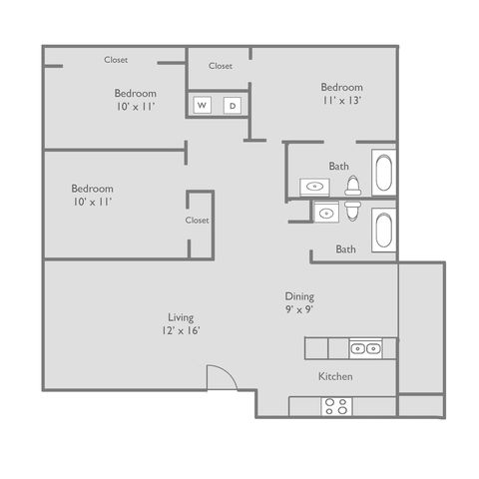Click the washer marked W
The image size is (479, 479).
(202, 105)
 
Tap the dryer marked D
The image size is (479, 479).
(233, 106)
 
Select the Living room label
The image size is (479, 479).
(181, 317)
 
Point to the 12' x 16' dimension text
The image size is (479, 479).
(181, 330)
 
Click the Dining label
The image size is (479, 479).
(299, 296)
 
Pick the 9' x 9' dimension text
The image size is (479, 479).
(299, 309)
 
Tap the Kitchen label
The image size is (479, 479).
(335, 376)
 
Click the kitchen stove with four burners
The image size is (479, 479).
(336, 406)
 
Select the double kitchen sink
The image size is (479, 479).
(365, 348)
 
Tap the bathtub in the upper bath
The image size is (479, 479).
(384, 173)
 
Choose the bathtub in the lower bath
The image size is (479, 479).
(384, 231)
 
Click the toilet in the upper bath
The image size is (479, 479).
(353, 186)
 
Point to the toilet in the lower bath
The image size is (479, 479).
(352, 211)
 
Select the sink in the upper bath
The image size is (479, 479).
(314, 187)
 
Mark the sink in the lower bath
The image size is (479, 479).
(326, 212)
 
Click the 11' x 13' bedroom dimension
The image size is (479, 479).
(341, 100)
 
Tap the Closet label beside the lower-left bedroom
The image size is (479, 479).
(198, 221)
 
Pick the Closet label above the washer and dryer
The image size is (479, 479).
(221, 66)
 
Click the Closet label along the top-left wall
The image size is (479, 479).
(116, 60)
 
